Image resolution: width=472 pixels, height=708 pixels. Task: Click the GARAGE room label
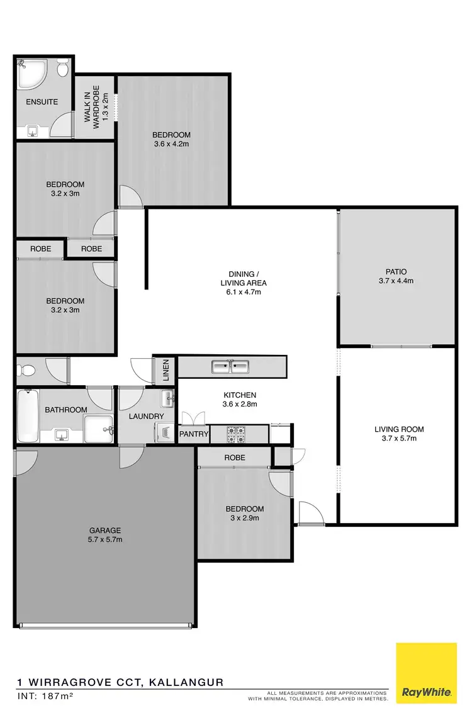(x=104, y=530)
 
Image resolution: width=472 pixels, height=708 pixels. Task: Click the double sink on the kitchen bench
(x=231, y=366)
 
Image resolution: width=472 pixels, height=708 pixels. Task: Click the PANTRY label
(x=194, y=434)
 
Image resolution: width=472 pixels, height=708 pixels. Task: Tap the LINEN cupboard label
(x=166, y=370)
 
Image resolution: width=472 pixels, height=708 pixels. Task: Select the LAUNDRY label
(x=147, y=417)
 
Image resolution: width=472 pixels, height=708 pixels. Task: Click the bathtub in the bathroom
(x=28, y=415)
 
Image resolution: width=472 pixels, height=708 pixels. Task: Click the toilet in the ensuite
(x=63, y=69)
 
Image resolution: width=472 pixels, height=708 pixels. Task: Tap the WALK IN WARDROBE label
(x=96, y=107)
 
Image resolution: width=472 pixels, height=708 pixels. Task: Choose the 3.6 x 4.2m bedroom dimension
(x=171, y=144)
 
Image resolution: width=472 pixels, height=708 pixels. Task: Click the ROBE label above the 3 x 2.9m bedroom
(x=234, y=458)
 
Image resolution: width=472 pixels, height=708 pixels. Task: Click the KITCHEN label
(x=240, y=395)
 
